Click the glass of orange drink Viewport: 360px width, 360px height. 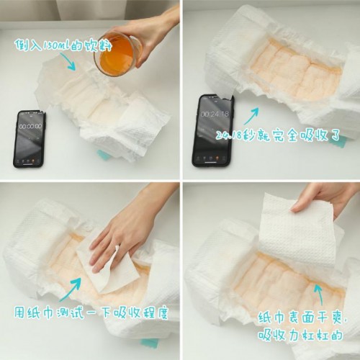[117, 54]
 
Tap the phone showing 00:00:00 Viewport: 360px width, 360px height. [30, 139]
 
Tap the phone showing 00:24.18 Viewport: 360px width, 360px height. [212, 130]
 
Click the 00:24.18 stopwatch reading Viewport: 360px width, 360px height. [215, 114]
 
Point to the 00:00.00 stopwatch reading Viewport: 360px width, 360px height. [30, 126]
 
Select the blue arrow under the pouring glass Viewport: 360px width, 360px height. [68, 62]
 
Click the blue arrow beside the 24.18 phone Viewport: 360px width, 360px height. [251, 116]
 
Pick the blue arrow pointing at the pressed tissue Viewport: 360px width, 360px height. [71, 289]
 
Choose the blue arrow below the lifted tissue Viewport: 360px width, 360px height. [319, 294]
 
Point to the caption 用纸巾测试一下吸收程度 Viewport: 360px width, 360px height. [91, 312]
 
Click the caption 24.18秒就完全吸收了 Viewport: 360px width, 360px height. [277, 136]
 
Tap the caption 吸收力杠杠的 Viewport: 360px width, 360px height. [300, 335]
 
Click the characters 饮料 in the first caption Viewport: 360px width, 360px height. [98, 45]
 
